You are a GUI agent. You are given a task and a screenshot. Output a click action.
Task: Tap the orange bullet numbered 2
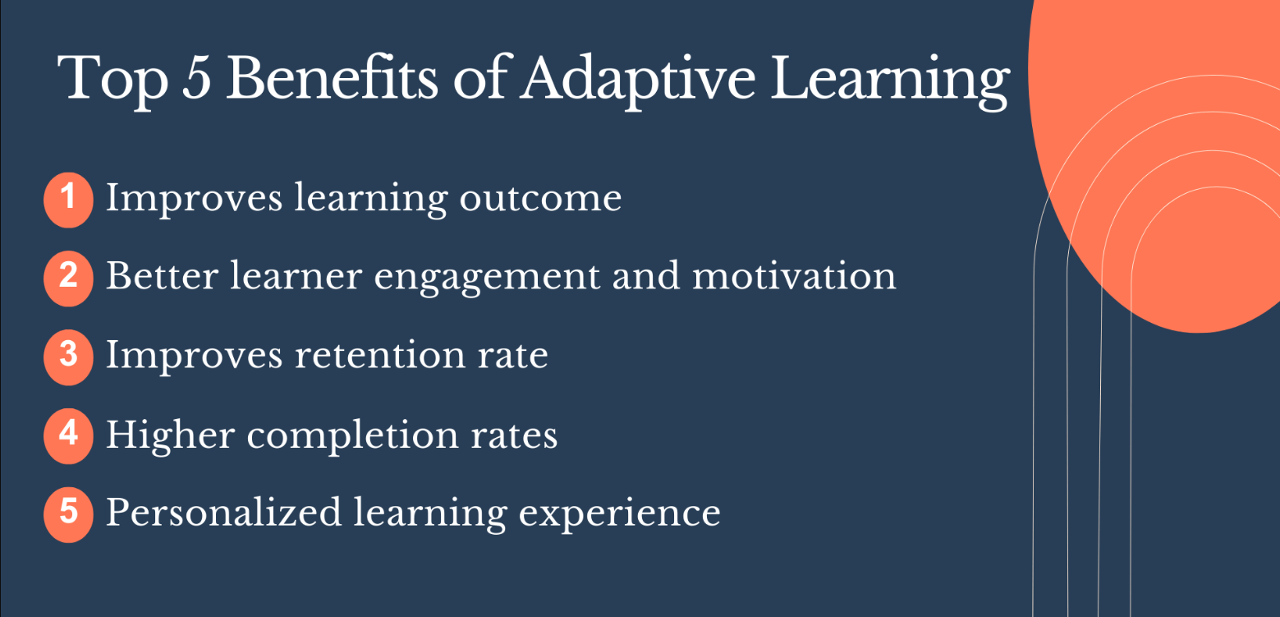tap(69, 277)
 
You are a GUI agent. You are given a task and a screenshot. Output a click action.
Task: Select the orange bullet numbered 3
tap(69, 356)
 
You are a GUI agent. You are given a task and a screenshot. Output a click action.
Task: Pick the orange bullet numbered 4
tap(69, 435)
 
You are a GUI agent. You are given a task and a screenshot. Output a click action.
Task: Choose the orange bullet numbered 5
tap(69, 513)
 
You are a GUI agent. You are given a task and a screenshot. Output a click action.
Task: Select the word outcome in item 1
tap(540, 199)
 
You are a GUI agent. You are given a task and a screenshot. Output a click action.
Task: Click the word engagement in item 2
tap(488, 278)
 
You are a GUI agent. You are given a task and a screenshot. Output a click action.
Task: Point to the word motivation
tap(794, 277)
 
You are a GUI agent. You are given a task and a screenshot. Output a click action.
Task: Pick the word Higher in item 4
tap(169, 435)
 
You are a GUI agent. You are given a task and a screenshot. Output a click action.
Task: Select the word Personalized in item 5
tap(223, 513)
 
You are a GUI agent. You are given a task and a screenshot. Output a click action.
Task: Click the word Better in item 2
tap(162, 277)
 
